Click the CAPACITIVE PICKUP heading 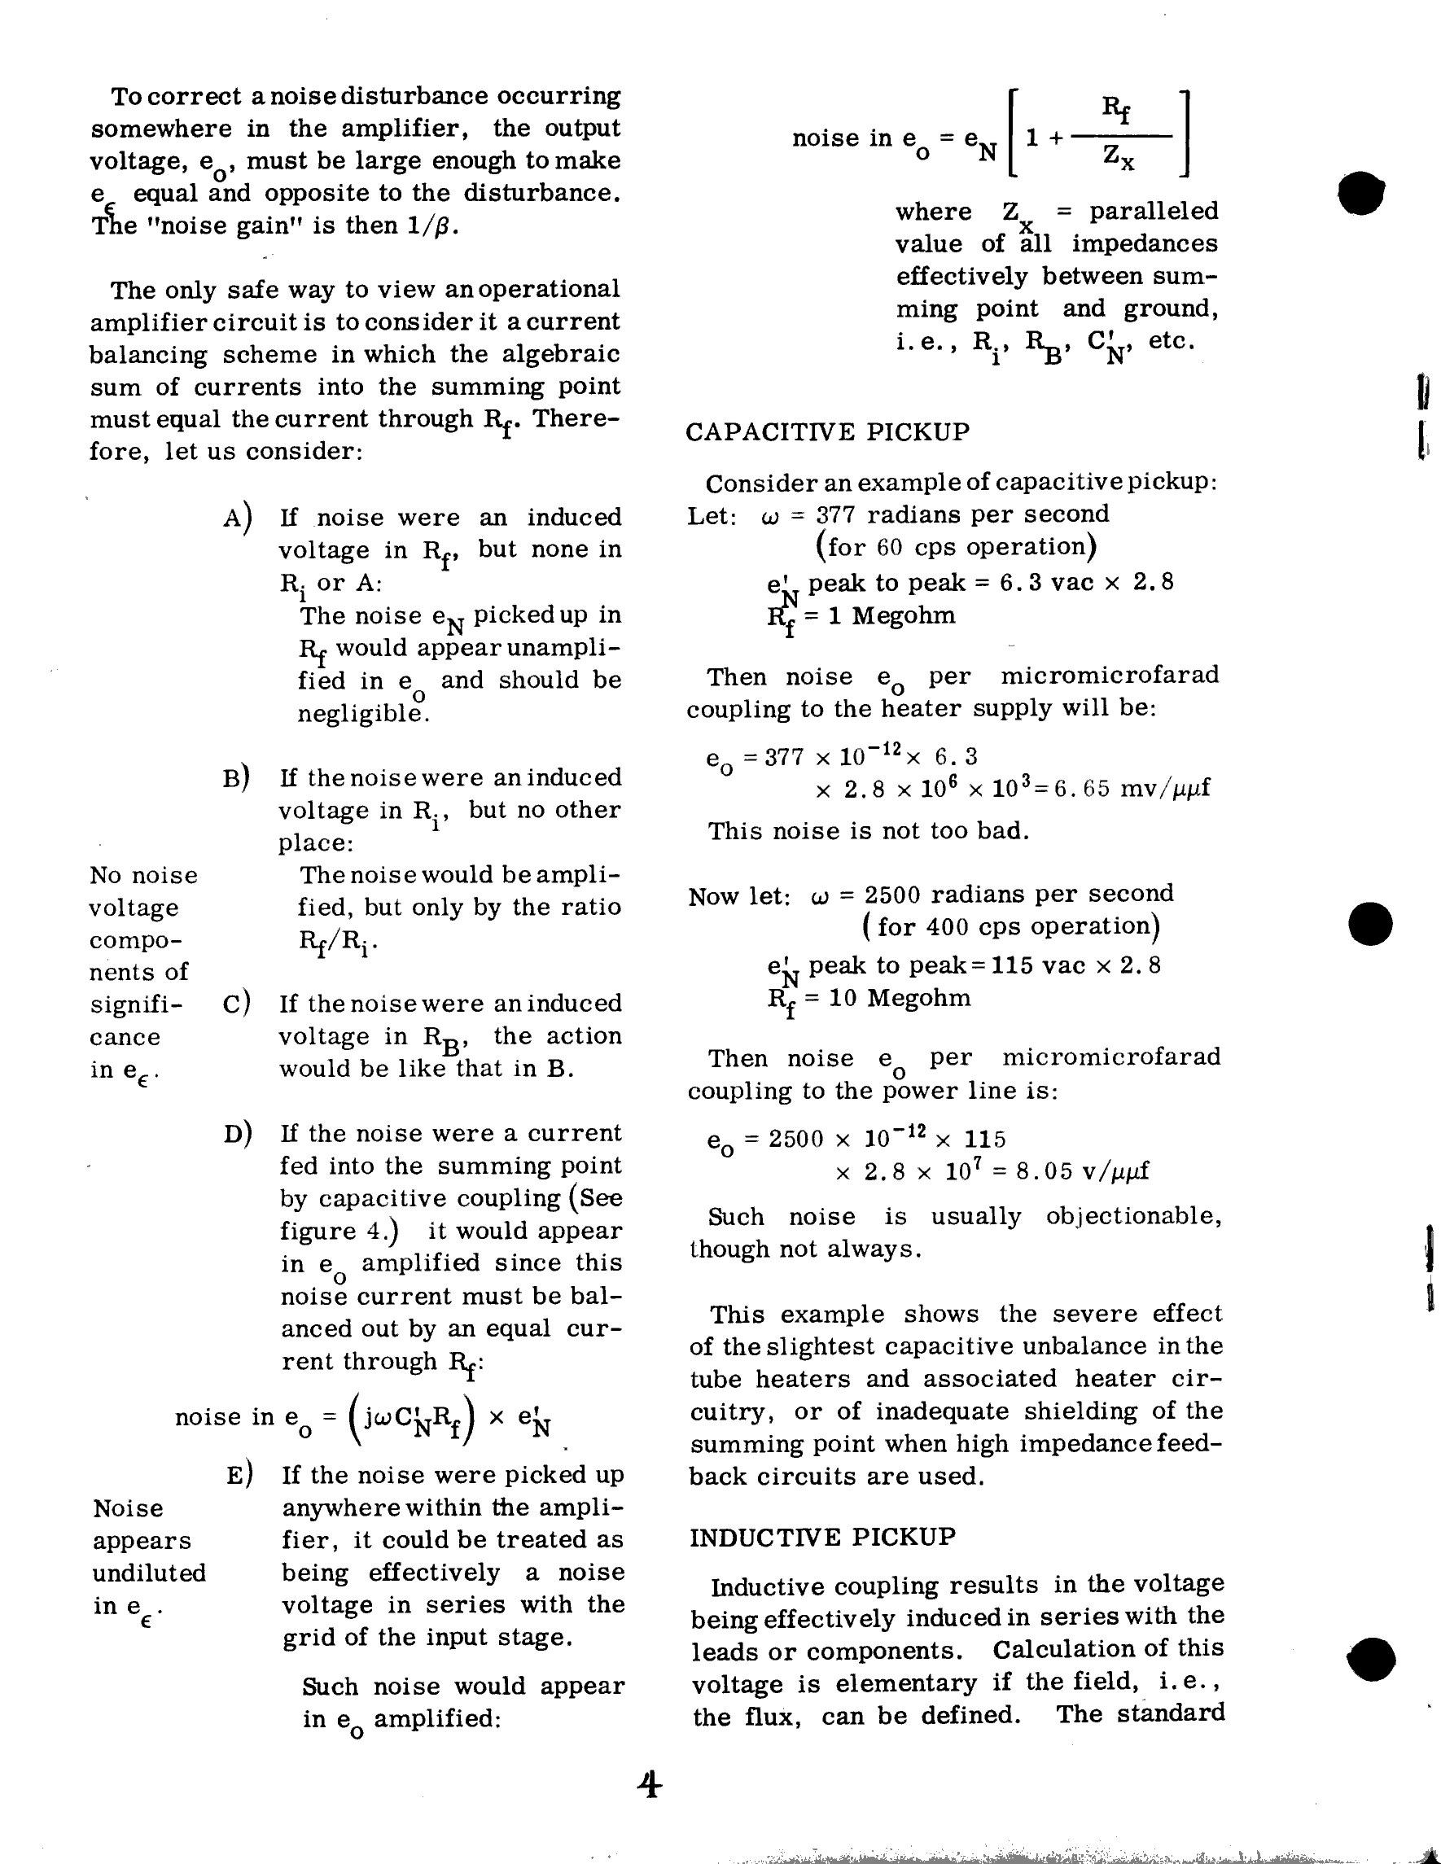point(827,432)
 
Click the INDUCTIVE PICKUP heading point(822,1537)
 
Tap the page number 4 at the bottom point(650,1786)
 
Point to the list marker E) point(239,1475)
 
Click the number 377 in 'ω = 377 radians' point(836,514)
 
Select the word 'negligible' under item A point(363,714)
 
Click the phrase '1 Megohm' point(881,615)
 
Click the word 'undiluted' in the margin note point(150,1573)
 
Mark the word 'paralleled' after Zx point(1154,211)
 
